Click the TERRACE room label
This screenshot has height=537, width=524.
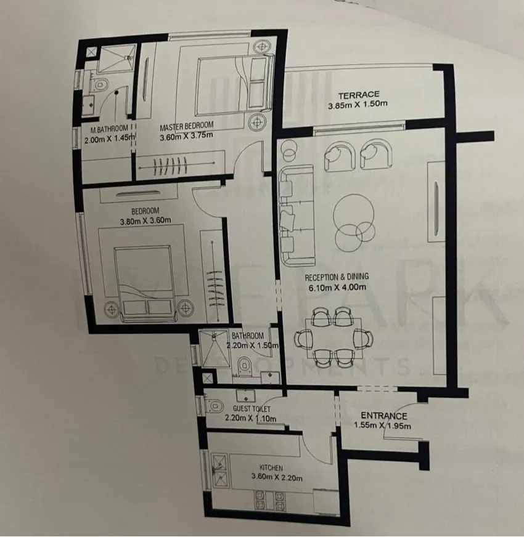click(359, 95)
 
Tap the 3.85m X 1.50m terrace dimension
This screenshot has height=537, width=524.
click(358, 105)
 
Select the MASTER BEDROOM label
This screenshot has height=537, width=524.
click(187, 126)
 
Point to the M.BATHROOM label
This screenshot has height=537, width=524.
click(109, 129)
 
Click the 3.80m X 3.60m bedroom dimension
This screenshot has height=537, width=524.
click(145, 221)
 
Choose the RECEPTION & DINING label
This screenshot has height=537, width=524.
click(337, 277)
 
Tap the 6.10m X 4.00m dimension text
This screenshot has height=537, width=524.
click(337, 288)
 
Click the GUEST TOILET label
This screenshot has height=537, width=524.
click(252, 408)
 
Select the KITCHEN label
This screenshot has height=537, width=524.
click(271, 467)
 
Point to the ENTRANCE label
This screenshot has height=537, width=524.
click(383, 416)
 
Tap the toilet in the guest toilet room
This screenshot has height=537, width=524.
click(214, 406)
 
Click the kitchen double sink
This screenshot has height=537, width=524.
click(219, 471)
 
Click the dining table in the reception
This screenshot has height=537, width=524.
click(334, 338)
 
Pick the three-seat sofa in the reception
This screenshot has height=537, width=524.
click(297, 216)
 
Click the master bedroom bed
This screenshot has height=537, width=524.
click(234, 85)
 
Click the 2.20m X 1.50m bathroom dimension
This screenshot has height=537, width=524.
click(252, 345)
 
